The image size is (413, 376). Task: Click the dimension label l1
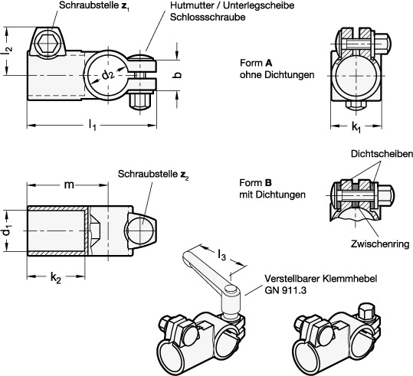93,125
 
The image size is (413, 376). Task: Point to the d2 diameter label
108,76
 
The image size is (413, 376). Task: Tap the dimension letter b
178,75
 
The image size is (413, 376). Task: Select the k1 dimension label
356,127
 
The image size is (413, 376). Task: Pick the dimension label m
69,185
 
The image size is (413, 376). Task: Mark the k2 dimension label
56,277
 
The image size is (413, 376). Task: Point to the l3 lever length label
221,255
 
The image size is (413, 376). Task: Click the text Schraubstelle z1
94,5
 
